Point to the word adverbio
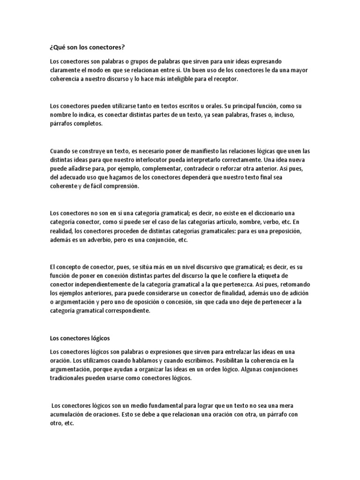[x=111, y=240]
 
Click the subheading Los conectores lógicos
[x=80, y=337]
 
